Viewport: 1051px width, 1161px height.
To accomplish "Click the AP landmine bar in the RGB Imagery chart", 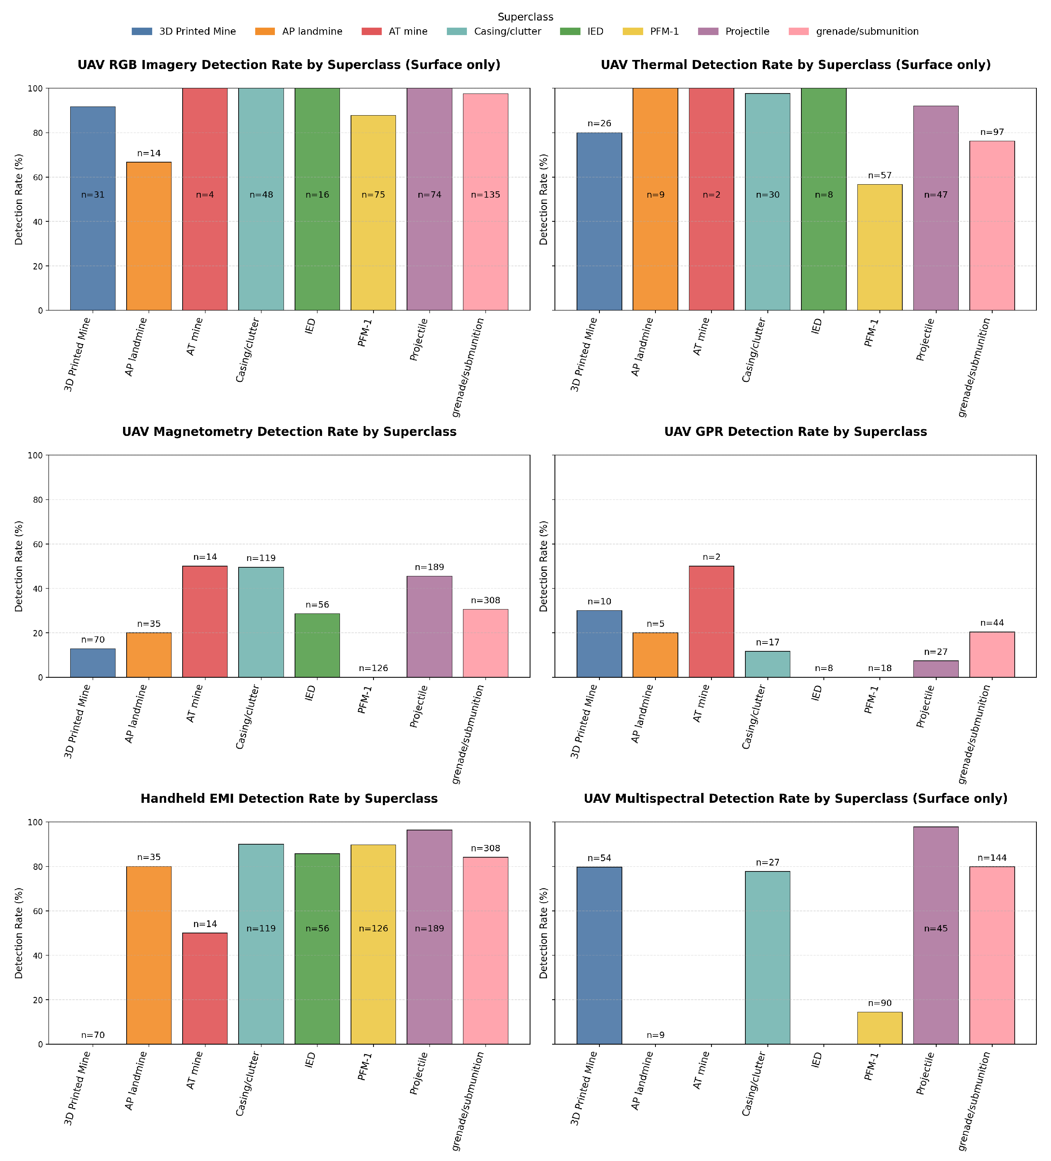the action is coord(149,236).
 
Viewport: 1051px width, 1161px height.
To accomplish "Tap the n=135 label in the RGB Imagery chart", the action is coord(485,194).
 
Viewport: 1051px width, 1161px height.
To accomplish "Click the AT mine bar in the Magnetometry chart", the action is coord(205,621).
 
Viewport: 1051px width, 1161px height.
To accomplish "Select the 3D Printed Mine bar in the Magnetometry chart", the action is coord(93,663).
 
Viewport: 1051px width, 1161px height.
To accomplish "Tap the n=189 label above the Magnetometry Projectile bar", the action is coord(429,567).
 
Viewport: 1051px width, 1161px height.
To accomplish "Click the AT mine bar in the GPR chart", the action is coord(711,621).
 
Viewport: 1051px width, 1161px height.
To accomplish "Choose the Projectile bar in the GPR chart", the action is coord(936,669).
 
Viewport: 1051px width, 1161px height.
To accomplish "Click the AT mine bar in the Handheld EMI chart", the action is coord(205,988).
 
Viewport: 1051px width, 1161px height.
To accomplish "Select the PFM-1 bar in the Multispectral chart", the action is coord(879,1028).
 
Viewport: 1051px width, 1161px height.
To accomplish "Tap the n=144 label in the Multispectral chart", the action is coord(992,858).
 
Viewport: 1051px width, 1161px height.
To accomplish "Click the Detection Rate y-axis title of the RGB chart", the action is coord(19,199).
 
